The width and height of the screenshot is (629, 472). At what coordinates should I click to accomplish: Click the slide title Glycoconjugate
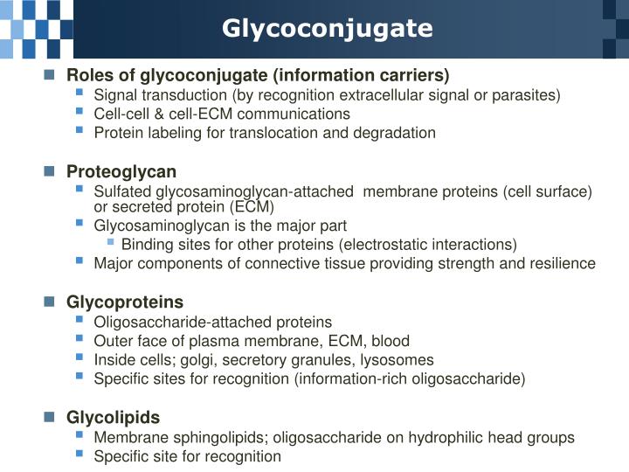327,28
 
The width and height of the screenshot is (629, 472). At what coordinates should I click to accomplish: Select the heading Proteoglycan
121,171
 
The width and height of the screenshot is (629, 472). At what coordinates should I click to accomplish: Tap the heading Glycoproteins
125,302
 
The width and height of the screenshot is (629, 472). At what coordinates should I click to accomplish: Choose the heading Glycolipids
114,418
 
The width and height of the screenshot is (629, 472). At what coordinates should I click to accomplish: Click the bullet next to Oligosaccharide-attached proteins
80,321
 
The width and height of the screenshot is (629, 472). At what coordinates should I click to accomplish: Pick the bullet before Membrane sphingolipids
80,436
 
